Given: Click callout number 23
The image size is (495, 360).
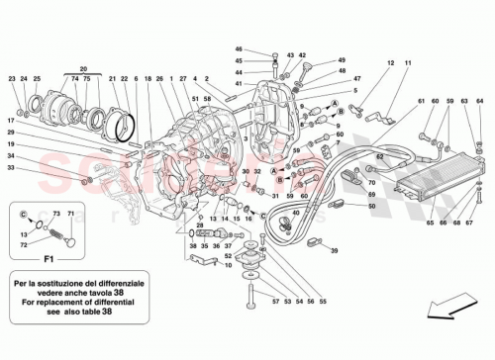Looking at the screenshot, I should click(12, 79).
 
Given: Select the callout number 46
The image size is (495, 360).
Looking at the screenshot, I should click(239, 49).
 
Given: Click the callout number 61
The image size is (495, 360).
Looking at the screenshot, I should click(421, 102).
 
